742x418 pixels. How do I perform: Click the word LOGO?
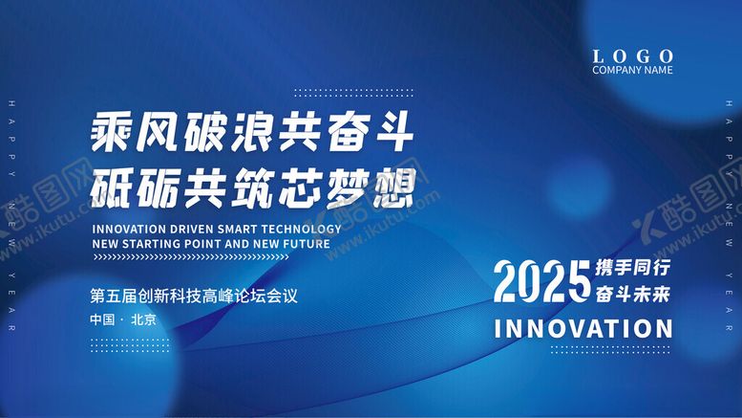632,56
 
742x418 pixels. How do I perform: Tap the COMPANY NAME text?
632,70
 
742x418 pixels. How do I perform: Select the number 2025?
541,280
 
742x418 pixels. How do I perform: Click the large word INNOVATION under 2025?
583,328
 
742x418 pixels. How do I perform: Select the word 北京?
143,319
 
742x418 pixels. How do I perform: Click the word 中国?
102,319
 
